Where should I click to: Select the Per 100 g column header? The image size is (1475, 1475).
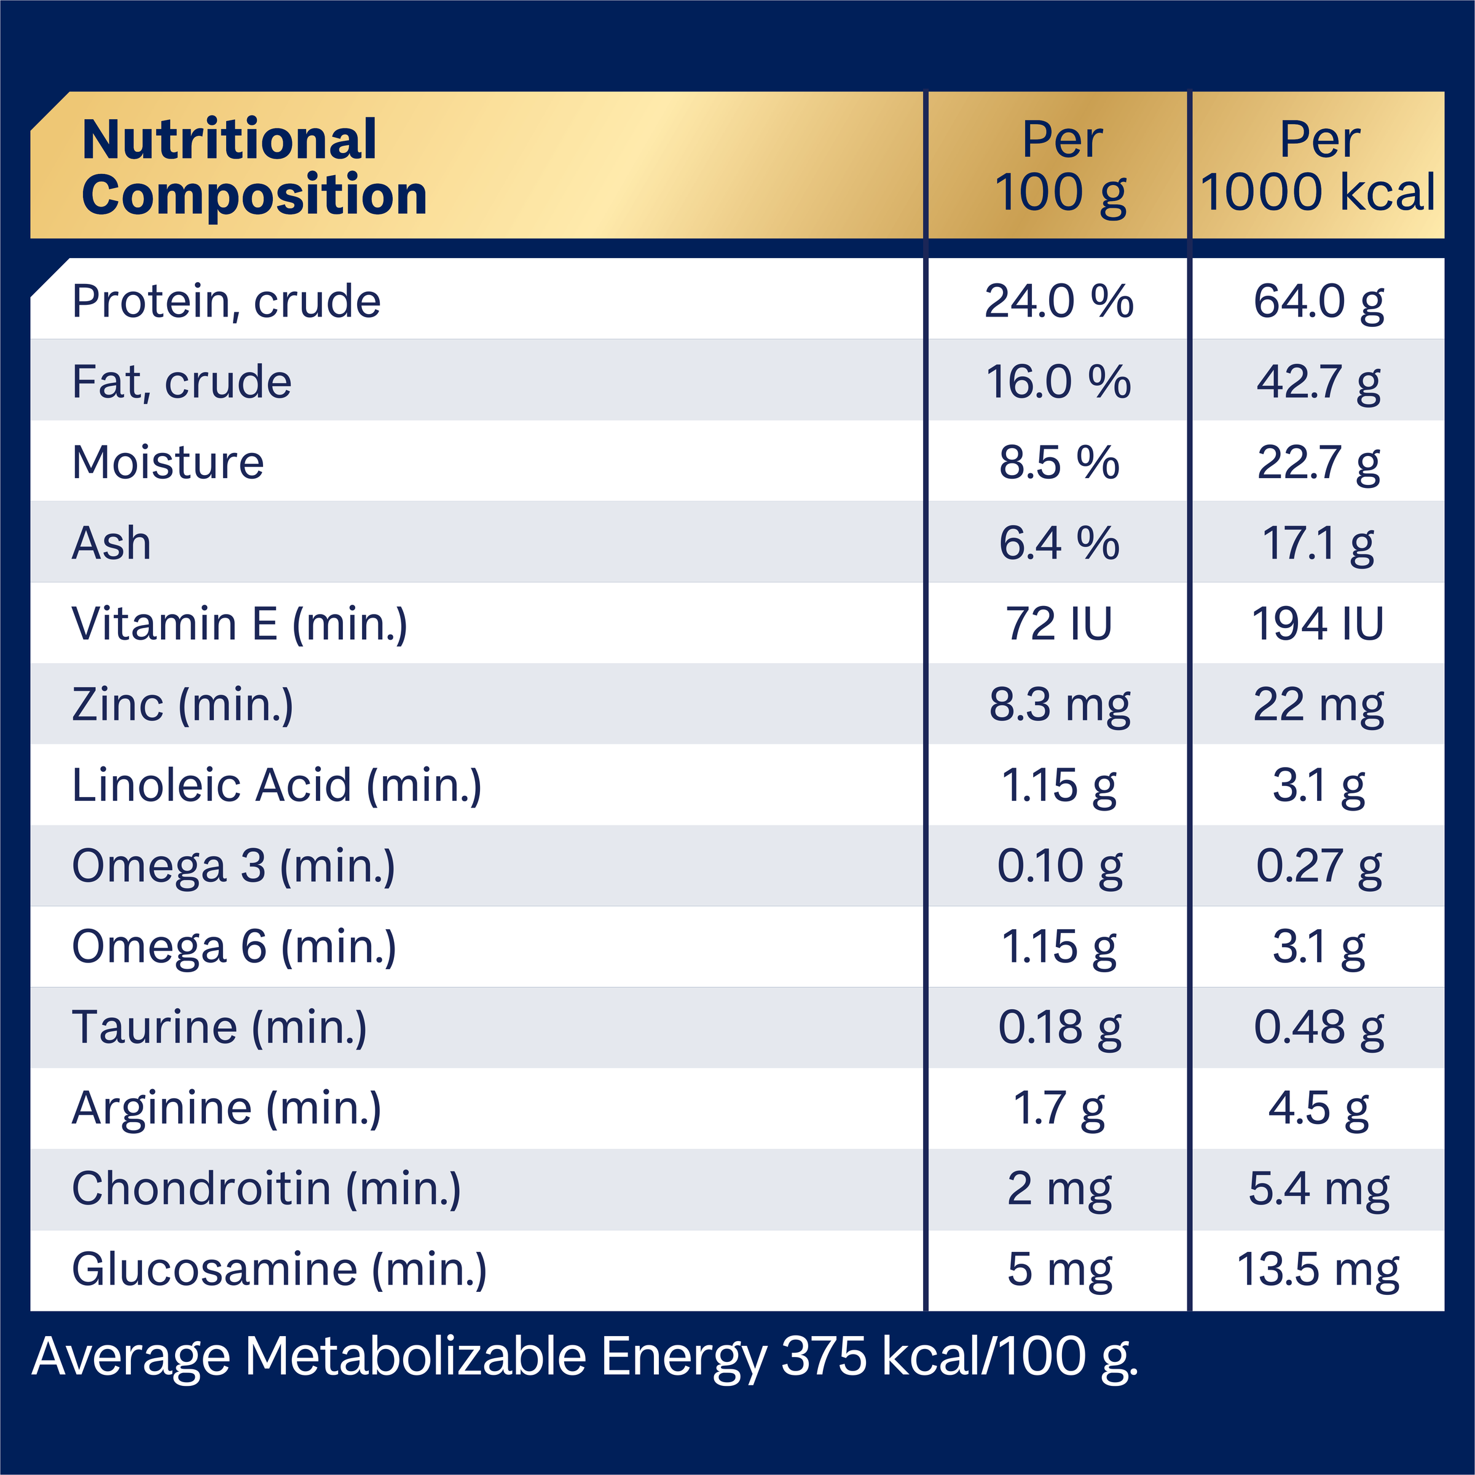[1060, 167]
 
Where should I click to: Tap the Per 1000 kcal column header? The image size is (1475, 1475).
[1318, 167]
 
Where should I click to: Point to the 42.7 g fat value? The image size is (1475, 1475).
[1318, 382]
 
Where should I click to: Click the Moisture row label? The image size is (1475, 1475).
[168, 463]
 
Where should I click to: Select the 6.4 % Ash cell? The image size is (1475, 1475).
[1059, 543]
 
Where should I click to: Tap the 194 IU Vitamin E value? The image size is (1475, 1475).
[1318, 624]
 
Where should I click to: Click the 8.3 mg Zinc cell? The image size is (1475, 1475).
[1059, 705]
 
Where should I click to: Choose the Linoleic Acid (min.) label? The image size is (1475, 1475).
[277, 785]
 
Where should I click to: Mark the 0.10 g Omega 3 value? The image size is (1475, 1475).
[1059, 867]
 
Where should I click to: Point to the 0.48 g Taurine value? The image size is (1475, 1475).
[1318, 1028]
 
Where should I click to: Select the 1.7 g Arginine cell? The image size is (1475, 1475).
[1059, 1109]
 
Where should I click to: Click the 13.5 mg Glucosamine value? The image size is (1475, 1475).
[1318, 1270]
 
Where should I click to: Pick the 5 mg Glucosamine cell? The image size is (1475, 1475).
[1059, 1270]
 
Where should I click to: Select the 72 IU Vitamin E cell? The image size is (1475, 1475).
[1059, 624]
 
